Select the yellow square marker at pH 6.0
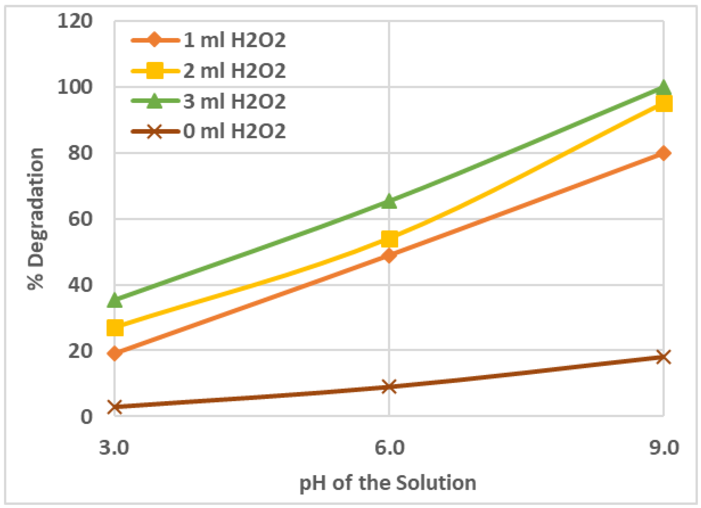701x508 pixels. [390, 239]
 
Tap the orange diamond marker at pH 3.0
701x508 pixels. [115, 353]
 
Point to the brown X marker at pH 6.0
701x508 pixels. [389, 386]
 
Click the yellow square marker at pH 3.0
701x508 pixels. [115, 328]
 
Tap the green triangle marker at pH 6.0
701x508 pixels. [389, 201]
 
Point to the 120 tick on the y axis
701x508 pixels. [75, 21]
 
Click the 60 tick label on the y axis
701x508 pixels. [80, 219]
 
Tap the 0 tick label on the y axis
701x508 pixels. [86, 417]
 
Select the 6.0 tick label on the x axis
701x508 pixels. [390, 448]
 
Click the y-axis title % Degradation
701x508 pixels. [36, 219]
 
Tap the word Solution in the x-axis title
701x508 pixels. [436, 483]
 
